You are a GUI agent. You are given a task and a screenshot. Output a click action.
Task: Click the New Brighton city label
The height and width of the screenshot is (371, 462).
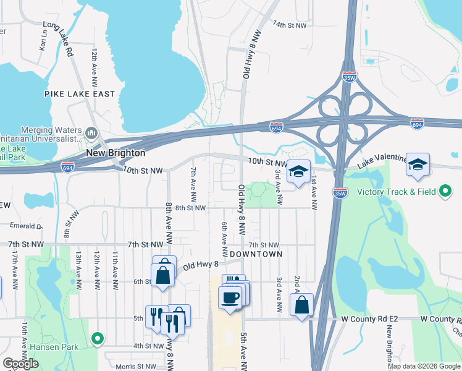[115, 153]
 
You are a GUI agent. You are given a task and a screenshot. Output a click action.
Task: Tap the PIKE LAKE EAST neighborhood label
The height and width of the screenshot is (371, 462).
[80, 94]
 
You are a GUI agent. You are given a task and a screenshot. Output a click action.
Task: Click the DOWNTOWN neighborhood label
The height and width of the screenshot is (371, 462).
[256, 254]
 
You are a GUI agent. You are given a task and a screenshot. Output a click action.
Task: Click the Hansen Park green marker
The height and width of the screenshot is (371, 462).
[97, 338]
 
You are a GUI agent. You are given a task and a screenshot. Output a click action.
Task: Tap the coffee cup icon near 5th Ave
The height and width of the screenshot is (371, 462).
[230, 298]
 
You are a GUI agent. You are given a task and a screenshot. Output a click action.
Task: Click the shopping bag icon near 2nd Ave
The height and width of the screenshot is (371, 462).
[301, 305]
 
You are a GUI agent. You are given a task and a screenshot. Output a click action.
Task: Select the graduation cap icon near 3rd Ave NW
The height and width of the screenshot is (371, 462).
[298, 172]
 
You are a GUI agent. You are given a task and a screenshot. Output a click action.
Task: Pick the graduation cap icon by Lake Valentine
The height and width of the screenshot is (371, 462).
[418, 165]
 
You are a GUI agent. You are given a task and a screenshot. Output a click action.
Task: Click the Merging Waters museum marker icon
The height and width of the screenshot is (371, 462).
[91, 133]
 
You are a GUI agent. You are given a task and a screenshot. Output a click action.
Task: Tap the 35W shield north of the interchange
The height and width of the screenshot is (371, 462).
[348, 78]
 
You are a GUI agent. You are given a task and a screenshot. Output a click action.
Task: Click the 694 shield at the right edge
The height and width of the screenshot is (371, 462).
[417, 125]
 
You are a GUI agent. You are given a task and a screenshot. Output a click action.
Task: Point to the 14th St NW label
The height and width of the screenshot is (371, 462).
[290, 25]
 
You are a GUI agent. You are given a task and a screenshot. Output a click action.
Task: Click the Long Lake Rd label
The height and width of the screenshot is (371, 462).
[59, 40]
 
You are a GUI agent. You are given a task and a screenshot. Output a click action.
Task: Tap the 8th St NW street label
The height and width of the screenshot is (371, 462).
[190, 208]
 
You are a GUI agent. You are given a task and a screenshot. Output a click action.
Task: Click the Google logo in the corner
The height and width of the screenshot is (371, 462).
[20, 363]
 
